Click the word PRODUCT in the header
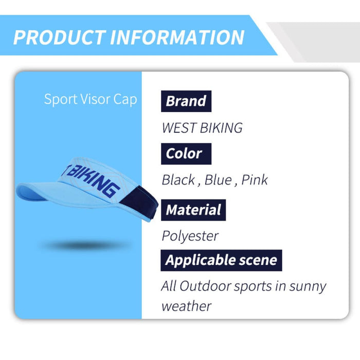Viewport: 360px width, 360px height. pos(58,37)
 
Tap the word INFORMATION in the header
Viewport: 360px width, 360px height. pos(177,37)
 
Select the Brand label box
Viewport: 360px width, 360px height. pos(186,101)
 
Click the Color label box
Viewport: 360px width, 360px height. pos(184,153)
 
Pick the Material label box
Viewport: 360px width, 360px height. pos(193,210)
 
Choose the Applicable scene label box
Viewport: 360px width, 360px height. pos(221,260)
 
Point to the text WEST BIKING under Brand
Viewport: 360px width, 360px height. pos(202,128)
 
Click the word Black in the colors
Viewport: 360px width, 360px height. pos(178,180)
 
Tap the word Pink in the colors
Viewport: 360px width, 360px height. pos(255,180)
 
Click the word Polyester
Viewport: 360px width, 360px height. pos(190,236)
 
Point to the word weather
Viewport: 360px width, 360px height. pos(186,307)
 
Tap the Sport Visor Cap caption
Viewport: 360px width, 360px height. pos(91,99)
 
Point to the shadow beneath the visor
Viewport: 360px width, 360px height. pos(85,245)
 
